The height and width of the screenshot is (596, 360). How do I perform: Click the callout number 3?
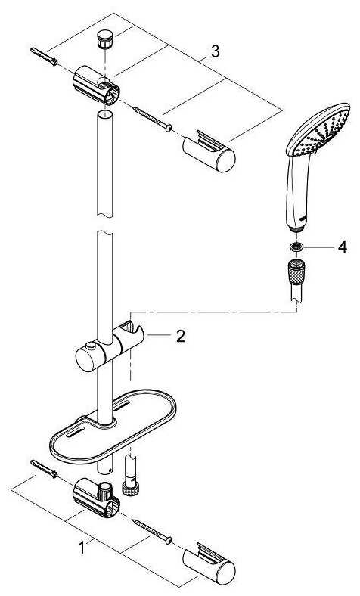215,51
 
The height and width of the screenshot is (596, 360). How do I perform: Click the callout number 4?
343,247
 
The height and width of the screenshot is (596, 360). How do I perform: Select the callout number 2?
181,336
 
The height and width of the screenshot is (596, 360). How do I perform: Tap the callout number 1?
82,548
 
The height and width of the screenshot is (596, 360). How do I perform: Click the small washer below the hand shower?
296,247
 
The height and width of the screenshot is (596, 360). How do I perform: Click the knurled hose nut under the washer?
296,272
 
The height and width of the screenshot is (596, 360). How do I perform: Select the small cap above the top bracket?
104,39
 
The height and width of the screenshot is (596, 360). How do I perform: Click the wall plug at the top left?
44,56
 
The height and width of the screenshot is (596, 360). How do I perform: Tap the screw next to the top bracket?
152,119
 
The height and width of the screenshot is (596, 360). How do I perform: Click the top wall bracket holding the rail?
96,85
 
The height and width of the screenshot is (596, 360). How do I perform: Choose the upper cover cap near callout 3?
209,151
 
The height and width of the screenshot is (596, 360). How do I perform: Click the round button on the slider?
91,346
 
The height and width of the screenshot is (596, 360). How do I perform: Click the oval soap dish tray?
113,426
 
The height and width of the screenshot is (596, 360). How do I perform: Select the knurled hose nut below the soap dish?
130,488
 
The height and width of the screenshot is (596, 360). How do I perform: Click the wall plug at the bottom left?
44,469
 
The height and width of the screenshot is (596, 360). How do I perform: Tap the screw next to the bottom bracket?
152,532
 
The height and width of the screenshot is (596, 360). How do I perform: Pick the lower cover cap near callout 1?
209,563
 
